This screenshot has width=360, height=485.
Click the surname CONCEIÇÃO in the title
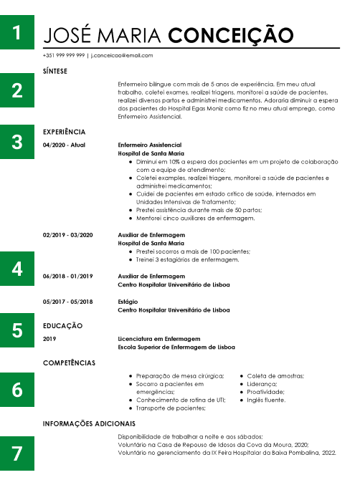(x=230, y=36)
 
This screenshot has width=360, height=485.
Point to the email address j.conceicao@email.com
(x=122, y=55)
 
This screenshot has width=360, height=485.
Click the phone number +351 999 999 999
(x=64, y=55)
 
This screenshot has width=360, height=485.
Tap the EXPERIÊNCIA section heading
(x=64, y=132)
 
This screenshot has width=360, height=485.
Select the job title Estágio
(x=128, y=302)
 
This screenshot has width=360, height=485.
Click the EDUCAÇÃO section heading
(x=62, y=326)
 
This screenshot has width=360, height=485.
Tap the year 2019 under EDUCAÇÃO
(x=49, y=339)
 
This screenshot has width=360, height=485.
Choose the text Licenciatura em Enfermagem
(x=158, y=339)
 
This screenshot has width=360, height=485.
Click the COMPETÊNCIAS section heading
(x=69, y=363)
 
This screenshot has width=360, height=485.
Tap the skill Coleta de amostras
(x=275, y=376)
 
